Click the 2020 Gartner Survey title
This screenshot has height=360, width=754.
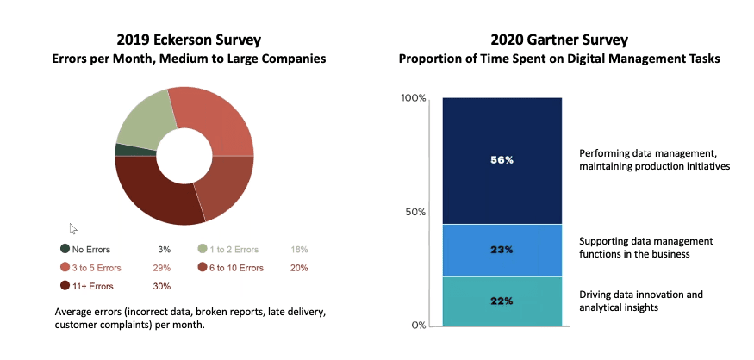pyautogui.click(x=558, y=40)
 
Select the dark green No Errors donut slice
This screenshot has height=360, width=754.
pyautogui.click(x=123, y=150)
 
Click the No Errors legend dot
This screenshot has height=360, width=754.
pyautogui.click(x=65, y=250)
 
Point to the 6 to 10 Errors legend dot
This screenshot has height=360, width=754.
pyautogui.click(x=203, y=268)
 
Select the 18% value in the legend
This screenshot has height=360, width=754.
pyautogui.click(x=299, y=250)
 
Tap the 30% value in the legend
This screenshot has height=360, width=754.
pyautogui.click(x=161, y=286)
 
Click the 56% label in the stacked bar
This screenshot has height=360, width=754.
pyautogui.click(x=502, y=160)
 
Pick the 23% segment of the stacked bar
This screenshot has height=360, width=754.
pyautogui.click(x=502, y=250)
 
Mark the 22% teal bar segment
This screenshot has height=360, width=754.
pyautogui.click(x=502, y=301)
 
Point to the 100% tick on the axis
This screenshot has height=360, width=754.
pyautogui.click(x=414, y=98)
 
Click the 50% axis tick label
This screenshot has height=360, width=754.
pyautogui.click(x=416, y=212)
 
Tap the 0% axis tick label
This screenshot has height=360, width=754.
pyautogui.click(x=420, y=325)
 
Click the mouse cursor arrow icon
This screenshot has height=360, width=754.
pyautogui.click(x=73, y=228)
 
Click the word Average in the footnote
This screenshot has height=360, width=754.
pyautogui.click(x=73, y=310)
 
